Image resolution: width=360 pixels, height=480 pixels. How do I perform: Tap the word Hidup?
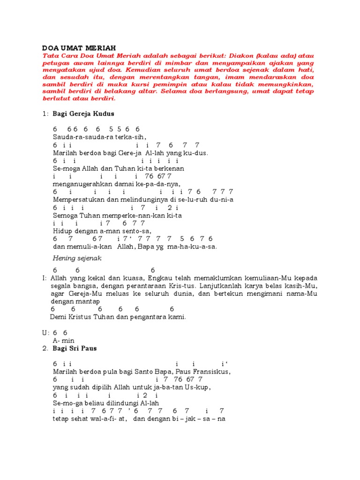coord(61,231)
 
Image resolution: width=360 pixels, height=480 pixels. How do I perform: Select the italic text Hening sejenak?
coord(77,258)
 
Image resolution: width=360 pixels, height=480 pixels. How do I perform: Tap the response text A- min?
coord(64,340)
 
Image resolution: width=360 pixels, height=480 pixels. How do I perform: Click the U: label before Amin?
coord(45,332)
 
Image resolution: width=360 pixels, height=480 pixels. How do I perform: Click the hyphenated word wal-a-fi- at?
coord(107,419)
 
